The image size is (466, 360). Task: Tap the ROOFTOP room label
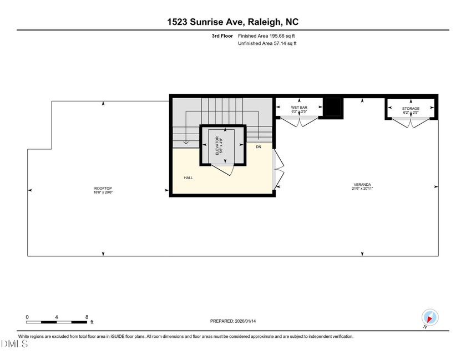pos(103,189)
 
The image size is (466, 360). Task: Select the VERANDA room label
pos(362,184)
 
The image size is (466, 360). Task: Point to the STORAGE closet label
pos(411,109)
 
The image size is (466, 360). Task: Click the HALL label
pos(189,178)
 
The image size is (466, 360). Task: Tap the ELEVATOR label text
pos(218,145)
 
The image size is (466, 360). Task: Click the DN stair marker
pos(259,147)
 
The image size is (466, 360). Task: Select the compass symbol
pos(430,318)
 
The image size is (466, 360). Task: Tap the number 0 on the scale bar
pos(27,317)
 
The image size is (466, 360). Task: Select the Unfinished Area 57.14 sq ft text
pos(267,43)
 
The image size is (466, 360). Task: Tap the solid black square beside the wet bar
pos(333,107)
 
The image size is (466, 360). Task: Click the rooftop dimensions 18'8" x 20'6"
pos(103,192)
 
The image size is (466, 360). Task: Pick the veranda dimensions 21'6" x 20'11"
pos(362,189)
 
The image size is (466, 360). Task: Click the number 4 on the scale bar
pos(57,317)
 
